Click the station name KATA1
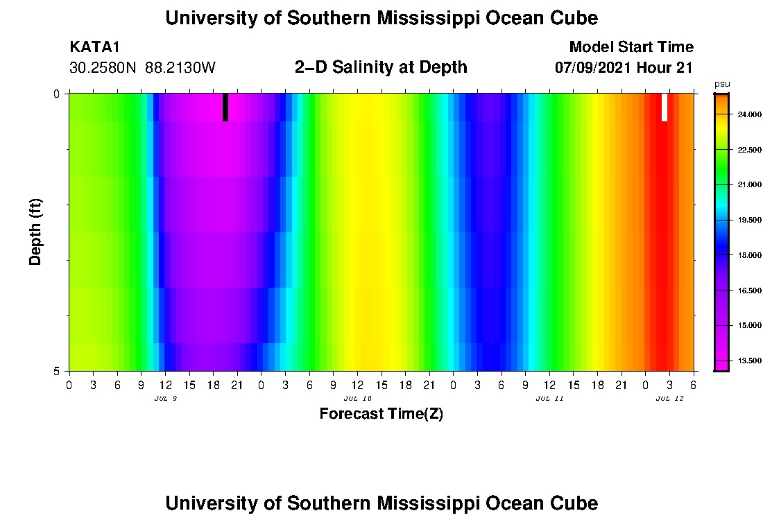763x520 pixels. (95, 47)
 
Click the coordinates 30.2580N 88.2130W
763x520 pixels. (143, 67)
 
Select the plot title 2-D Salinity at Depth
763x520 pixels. (381, 67)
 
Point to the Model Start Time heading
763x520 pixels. (631, 47)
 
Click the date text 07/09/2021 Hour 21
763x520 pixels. (624, 67)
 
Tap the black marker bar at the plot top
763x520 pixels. (225, 107)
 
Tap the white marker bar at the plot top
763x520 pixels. (664, 107)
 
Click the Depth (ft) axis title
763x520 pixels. (36, 232)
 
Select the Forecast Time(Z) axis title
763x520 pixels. (381, 415)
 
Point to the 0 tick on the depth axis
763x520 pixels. (57, 94)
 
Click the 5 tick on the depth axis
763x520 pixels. (57, 371)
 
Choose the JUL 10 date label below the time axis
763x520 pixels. (358, 399)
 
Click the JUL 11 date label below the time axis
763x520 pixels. (549, 399)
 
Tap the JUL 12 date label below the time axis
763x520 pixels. (669, 399)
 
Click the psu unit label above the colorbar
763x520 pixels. (722, 84)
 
